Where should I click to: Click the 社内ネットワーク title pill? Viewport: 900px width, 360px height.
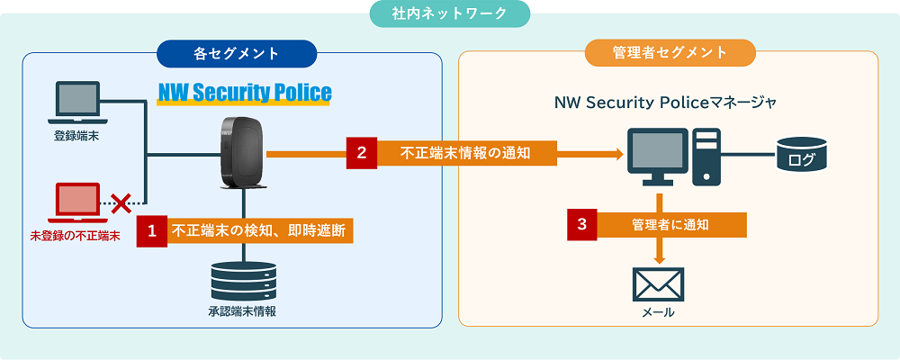point(449,14)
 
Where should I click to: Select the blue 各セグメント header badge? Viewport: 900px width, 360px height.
point(237,54)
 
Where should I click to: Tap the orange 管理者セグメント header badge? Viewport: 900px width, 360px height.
point(670,53)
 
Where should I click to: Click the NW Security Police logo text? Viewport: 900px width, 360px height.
point(245,93)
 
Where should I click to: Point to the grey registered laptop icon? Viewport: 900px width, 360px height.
point(77,103)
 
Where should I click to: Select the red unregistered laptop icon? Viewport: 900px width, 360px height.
point(77,203)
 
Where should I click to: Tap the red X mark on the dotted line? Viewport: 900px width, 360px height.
point(121,203)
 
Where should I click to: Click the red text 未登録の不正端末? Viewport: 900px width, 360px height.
point(76,236)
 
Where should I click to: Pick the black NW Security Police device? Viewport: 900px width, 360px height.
point(244,153)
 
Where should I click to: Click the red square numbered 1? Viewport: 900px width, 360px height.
point(151,230)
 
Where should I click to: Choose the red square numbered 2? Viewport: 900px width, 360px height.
point(362,153)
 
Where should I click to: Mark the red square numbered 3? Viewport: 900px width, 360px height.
point(582,224)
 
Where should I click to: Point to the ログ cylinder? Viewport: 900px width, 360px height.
point(802,153)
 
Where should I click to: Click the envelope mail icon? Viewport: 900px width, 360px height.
point(658,284)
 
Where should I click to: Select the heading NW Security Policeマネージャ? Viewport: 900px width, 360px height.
point(665,103)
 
